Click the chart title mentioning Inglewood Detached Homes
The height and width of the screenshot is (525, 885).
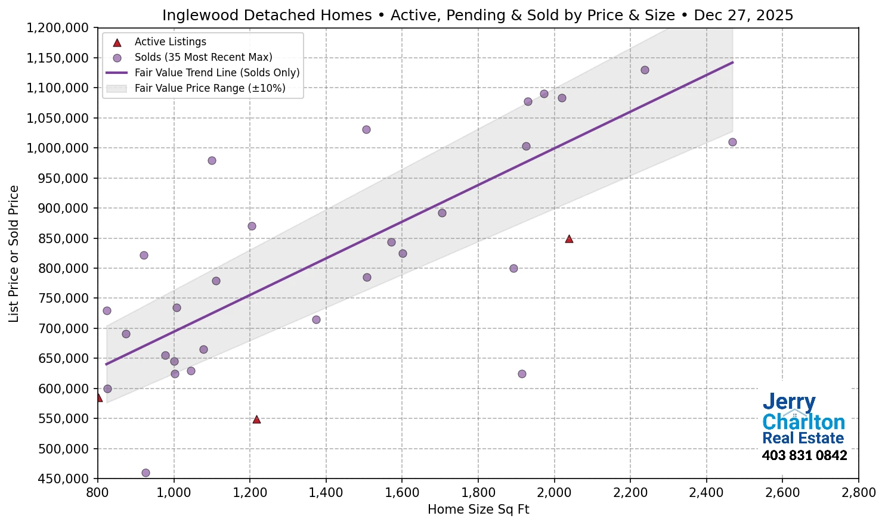click(x=478, y=15)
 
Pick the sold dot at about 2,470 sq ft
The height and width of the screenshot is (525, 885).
click(x=732, y=142)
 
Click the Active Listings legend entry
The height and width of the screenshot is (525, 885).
click(x=170, y=42)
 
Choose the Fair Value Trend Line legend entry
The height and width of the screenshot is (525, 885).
click(x=216, y=73)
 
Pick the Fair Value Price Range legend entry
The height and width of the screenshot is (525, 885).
click(x=209, y=88)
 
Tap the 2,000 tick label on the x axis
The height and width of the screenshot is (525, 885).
click(x=554, y=493)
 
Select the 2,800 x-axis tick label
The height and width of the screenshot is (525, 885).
click(x=858, y=493)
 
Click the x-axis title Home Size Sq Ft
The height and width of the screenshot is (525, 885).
click(x=478, y=510)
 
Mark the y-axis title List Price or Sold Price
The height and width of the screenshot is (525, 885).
click(x=14, y=253)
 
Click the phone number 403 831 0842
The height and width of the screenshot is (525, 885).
click(x=804, y=455)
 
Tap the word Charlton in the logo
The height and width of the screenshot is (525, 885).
click(x=803, y=422)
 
